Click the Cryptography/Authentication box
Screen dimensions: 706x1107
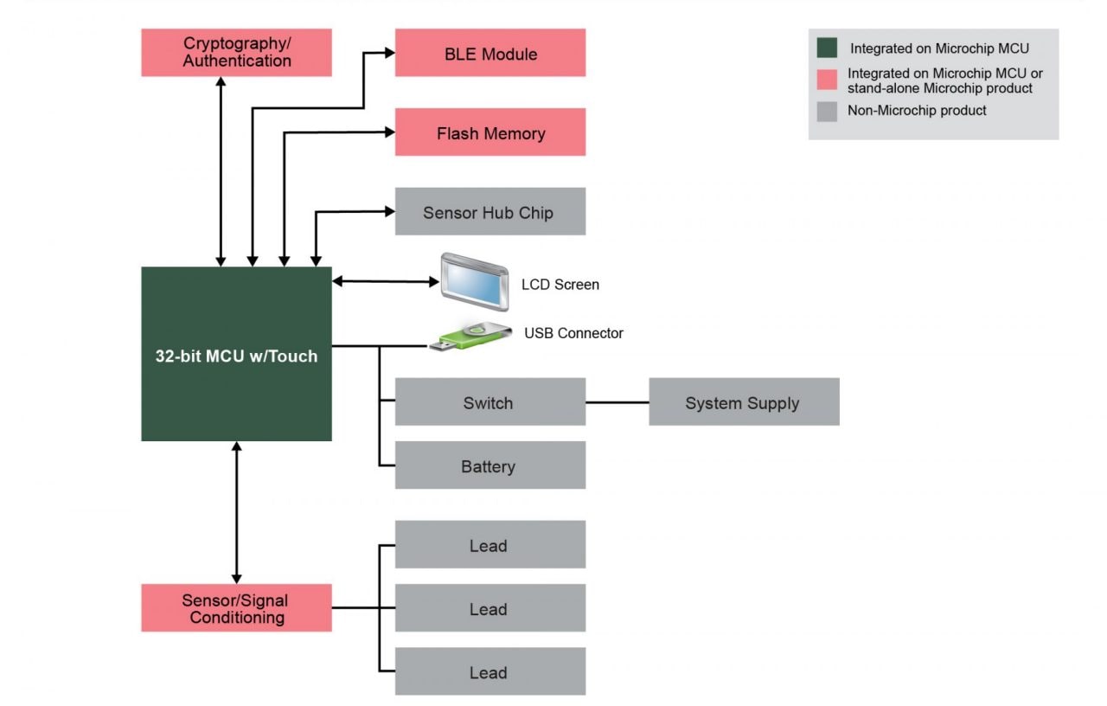tap(236, 53)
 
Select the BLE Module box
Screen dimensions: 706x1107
tap(490, 53)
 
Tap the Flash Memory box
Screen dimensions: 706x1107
tap(490, 132)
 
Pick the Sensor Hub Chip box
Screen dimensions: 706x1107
tap(490, 212)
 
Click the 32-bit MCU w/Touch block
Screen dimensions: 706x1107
tap(236, 355)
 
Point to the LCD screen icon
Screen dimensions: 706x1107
tap(475, 281)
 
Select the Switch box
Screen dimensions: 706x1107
tap(490, 402)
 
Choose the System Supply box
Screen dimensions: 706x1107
tap(744, 402)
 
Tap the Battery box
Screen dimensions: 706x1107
tap(490, 465)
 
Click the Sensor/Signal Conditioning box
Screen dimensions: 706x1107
tap(236, 608)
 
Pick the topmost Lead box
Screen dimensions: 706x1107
tap(490, 545)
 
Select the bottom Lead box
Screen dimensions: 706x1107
tap(490, 672)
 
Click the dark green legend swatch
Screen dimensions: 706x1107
tap(827, 48)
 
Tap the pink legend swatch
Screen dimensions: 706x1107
tap(827, 80)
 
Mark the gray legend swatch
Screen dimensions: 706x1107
tap(827, 111)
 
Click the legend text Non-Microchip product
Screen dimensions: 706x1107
tap(917, 111)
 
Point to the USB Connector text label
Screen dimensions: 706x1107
tap(573, 333)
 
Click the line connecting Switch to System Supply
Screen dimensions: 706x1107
tap(617, 402)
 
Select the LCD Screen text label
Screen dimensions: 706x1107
tap(560, 285)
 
